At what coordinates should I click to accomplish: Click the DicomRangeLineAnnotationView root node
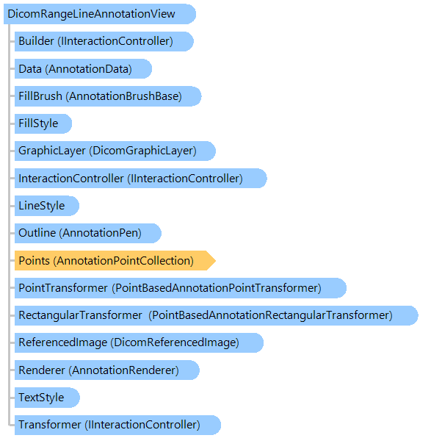click(x=100, y=14)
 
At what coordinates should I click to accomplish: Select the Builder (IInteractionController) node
click(x=104, y=41)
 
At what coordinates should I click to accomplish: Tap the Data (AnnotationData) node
click(x=83, y=69)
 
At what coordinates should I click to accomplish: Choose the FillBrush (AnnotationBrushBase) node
click(x=108, y=96)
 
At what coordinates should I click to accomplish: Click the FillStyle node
click(x=43, y=123)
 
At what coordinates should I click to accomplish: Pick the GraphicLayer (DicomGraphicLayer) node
click(x=115, y=151)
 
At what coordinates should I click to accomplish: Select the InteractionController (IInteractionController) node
click(x=141, y=179)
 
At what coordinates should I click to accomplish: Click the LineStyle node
click(x=47, y=206)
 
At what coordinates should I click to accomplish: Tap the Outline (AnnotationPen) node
click(x=88, y=233)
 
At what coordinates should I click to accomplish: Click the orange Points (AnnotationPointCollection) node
click(x=115, y=260)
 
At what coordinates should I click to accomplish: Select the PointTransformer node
click(x=181, y=288)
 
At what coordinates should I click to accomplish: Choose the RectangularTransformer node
click(x=217, y=315)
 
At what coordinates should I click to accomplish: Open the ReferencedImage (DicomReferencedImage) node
click(x=139, y=342)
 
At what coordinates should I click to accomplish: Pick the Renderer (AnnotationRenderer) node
click(x=107, y=370)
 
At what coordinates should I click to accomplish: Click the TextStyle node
click(x=47, y=398)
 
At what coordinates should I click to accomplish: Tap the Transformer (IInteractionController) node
click(x=117, y=425)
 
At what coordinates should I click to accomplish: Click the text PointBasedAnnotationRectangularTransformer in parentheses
click(x=270, y=315)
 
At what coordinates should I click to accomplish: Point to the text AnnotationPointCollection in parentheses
click(x=123, y=261)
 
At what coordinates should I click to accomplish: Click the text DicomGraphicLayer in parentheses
click(x=142, y=151)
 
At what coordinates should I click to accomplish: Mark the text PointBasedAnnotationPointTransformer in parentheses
click(x=217, y=288)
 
